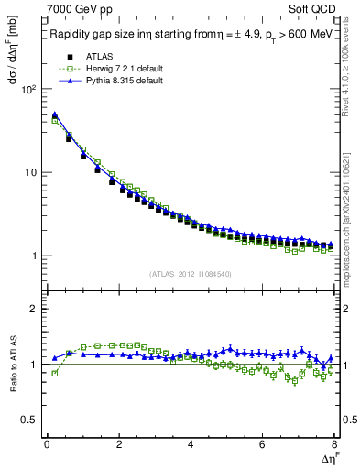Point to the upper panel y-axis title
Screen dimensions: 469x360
pos(12,70)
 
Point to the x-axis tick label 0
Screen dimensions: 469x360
pos(46,444)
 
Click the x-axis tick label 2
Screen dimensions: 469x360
pos(118,444)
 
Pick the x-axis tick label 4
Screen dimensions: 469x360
pos(191,444)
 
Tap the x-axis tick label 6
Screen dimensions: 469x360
pos(262,444)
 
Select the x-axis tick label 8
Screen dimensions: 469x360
pos(333,444)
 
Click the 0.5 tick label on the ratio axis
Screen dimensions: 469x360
pos(28,420)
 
